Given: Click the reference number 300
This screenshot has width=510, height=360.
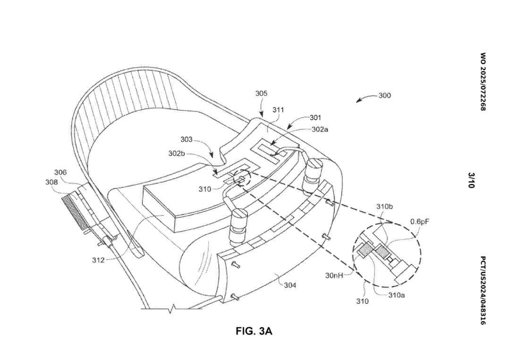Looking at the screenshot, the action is [384, 95].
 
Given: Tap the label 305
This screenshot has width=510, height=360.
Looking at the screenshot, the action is [261, 93].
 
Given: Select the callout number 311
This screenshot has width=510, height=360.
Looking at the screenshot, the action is [278, 110].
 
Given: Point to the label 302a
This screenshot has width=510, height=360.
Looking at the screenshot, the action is [320, 129].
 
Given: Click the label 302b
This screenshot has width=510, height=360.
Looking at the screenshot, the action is [176, 153].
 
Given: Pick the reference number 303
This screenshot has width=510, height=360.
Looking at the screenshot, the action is [187, 140].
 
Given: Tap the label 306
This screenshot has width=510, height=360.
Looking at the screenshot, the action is [60, 172].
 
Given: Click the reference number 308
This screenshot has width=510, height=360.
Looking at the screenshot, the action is [51, 182].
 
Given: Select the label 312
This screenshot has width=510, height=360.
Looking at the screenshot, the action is [98, 260].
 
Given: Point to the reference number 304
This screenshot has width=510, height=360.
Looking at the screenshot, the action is [290, 285].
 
